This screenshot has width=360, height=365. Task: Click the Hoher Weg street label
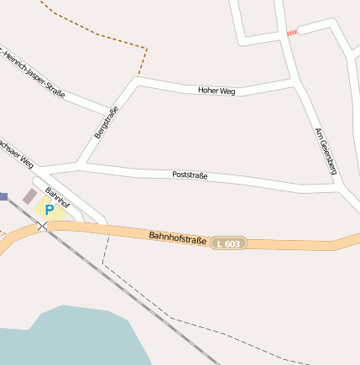click(x=216, y=91)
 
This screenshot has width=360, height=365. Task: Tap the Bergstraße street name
click(x=106, y=123)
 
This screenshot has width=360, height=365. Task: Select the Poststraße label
click(x=190, y=175)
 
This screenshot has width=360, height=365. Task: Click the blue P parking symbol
click(x=50, y=209)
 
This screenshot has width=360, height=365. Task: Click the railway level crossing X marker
click(x=42, y=226)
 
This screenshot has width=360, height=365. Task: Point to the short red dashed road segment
click(x=292, y=33)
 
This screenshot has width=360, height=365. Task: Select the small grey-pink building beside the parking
click(x=29, y=196)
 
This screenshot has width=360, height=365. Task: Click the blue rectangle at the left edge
click(x=3, y=196)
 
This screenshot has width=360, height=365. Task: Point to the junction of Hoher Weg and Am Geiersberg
click(x=295, y=84)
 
